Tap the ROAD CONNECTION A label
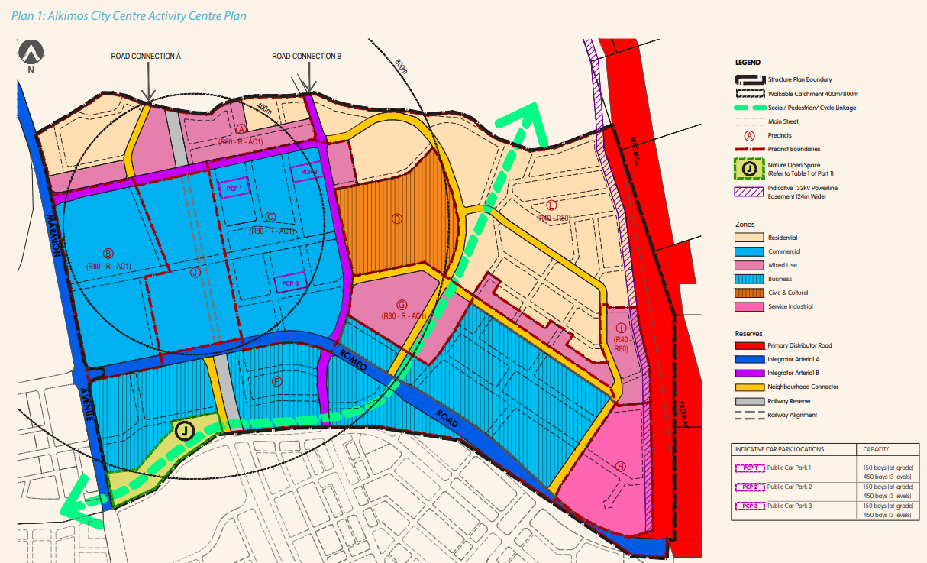pyautogui.click(x=146, y=57)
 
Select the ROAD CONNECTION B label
pyautogui.click(x=306, y=57)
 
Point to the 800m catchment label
pyautogui.click(x=402, y=66)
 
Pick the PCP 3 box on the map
pyautogui.click(x=289, y=283)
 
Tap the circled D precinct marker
pyautogui.click(x=396, y=218)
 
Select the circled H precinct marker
pyautogui.click(x=620, y=466)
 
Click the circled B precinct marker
pyautogui.click(x=108, y=254)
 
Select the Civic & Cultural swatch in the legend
pyautogui.click(x=749, y=293)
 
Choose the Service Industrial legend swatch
pyautogui.click(x=749, y=306)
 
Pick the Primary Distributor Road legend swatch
pyautogui.click(x=749, y=345)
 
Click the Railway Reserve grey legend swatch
pyautogui.click(x=749, y=401)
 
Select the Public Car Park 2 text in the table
pyautogui.click(x=789, y=487)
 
